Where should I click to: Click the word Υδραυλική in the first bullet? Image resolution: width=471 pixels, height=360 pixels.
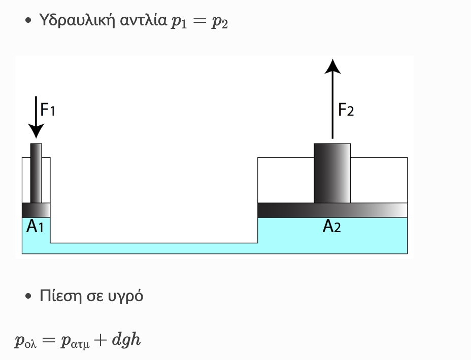point(77,20)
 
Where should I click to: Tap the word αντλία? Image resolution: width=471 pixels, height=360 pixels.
point(143,20)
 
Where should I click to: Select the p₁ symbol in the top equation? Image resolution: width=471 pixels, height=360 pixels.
point(179,22)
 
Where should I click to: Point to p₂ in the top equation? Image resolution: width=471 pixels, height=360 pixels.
point(220,22)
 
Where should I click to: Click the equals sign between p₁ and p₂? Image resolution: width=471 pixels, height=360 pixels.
point(199,20)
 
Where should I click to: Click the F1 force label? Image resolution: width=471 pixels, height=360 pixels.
point(48,109)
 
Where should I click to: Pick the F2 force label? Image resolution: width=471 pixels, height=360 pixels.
point(346,110)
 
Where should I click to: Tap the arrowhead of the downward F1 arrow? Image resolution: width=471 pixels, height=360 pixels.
point(36,131)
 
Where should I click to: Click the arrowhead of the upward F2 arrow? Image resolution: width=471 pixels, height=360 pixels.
point(332,66)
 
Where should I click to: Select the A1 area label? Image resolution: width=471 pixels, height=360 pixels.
point(35,226)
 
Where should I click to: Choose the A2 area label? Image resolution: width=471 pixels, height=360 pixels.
point(331,226)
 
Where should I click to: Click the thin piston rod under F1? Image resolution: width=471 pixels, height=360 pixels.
point(36,173)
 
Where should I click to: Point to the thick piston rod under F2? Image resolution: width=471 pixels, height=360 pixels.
point(332,173)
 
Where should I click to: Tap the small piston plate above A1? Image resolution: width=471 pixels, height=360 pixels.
point(36,210)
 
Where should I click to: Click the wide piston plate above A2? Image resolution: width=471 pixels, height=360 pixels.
point(332,210)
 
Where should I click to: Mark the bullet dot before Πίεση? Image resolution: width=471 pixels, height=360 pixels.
point(28,297)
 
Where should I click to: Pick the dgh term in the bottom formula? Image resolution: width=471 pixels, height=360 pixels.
point(126,340)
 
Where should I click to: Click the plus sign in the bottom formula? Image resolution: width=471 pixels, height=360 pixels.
point(100,340)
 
